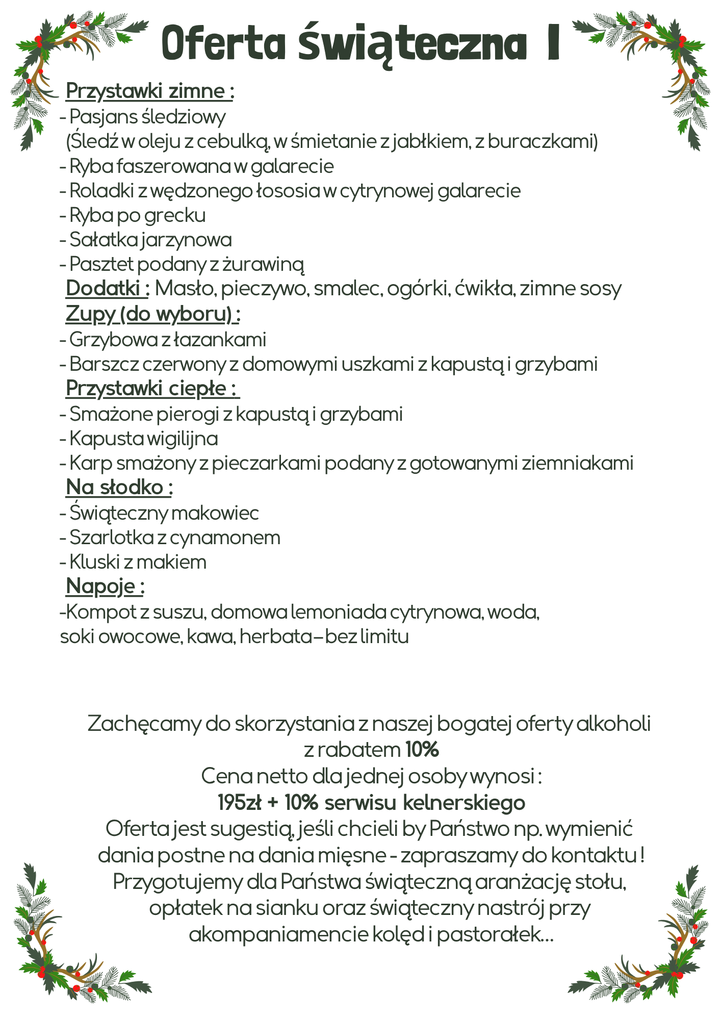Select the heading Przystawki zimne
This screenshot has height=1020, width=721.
click(x=150, y=91)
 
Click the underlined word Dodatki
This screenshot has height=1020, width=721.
click(x=107, y=289)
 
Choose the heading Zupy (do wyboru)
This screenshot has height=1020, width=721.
click(x=152, y=314)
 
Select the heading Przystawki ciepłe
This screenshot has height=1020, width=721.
click(x=152, y=389)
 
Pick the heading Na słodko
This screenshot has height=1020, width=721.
click(x=119, y=488)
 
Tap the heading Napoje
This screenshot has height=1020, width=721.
click(x=105, y=586)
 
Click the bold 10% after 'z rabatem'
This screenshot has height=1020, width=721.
click(x=422, y=750)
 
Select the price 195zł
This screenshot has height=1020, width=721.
click(x=239, y=803)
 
